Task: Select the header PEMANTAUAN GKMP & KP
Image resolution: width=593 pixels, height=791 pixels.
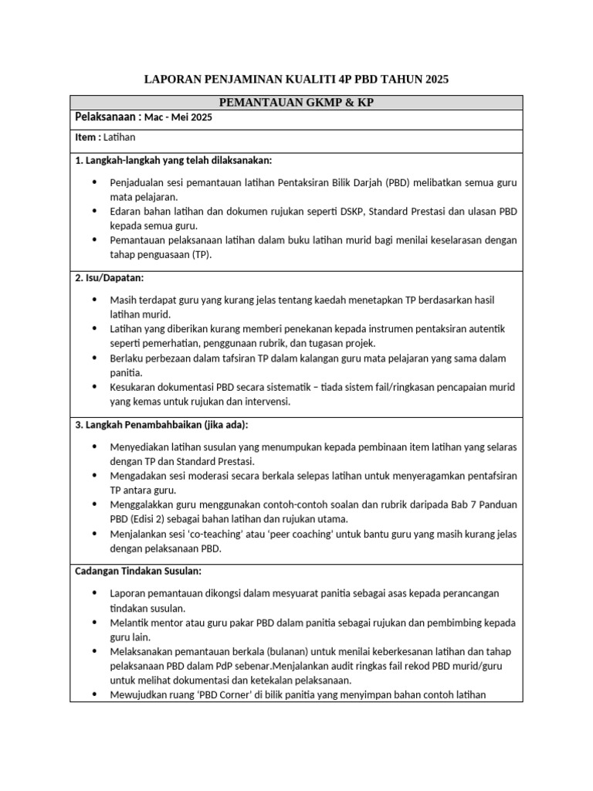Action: click(296, 103)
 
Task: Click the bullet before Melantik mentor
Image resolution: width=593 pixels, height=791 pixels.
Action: click(95, 622)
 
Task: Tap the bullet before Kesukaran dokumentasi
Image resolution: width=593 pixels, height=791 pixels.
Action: click(95, 387)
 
